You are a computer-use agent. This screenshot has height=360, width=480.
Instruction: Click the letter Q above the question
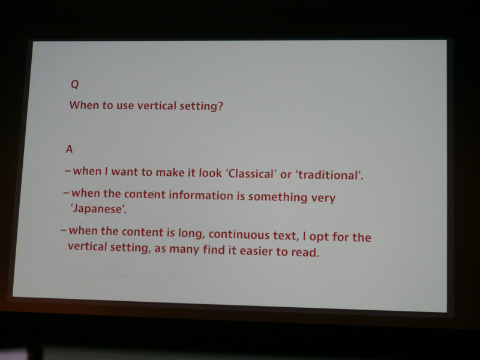(x=74, y=84)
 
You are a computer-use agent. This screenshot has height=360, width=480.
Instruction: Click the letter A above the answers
(x=69, y=149)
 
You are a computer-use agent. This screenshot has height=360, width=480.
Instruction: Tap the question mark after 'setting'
(x=220, y=106)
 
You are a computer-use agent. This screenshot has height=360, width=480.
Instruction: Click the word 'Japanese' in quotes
(x=97, y=209)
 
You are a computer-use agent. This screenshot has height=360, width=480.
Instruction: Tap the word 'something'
(x=277, y=197)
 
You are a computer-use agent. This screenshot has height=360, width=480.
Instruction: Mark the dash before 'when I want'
(x=68, y=171)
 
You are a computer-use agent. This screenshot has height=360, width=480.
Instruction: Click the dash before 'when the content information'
(x=66, y=193)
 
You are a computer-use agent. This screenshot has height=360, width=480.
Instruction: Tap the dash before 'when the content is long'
(x=64, y=230)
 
